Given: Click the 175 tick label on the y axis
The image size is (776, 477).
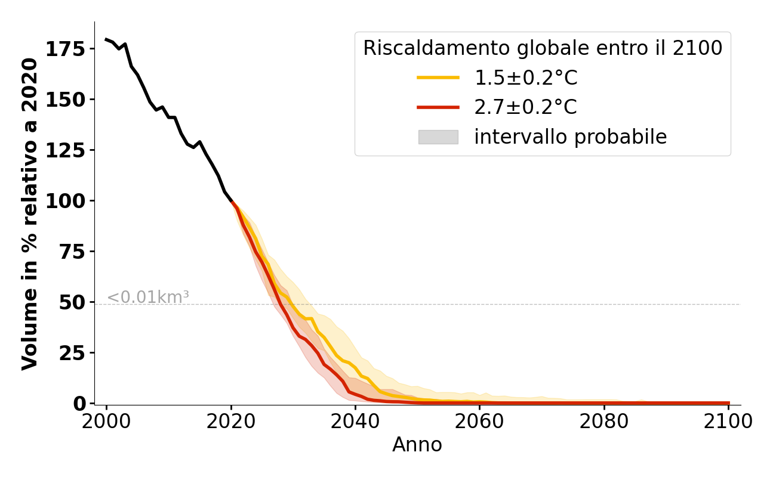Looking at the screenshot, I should (x=66, y=49).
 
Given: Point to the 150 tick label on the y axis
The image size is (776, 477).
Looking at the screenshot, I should (x=66, y=100).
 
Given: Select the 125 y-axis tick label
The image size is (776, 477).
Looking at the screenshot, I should (x=66, y=150).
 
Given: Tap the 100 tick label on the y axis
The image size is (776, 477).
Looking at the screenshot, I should (x=66, y=201).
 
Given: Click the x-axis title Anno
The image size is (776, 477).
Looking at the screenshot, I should (x=417, y=445).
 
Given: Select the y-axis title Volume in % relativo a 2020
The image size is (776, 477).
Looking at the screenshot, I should (x=30, y=213).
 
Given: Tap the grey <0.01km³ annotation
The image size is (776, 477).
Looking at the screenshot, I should (x=148, y=297).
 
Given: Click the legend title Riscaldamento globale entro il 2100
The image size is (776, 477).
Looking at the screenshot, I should (x=543, y=48).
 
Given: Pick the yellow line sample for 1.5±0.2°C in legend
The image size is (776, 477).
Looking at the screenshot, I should (x=438, y=78).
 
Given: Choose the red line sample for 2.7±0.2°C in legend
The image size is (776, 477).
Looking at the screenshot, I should (x=438, y=107).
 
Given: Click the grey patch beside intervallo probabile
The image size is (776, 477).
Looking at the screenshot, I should (x=438, y=137).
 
